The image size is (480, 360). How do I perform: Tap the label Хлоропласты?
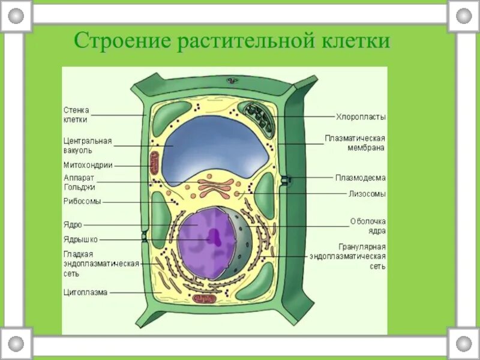(360, 116)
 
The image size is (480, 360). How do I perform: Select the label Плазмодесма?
(360, 178)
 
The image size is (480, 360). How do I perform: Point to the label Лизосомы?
(367, 194)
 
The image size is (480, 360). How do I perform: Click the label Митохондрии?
(88, 165)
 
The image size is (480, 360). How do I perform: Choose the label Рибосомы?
(82, 202)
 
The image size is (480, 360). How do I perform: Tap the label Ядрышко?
(80, 239)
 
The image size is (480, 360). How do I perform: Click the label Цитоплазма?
(85, 293)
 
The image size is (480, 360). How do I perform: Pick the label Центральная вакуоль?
(88, 145)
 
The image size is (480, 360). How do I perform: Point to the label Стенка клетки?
(76, 115)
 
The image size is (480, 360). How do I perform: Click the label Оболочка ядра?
(368, 226)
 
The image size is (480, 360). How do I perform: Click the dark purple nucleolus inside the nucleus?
(213, 236)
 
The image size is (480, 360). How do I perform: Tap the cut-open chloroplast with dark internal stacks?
(258, 115)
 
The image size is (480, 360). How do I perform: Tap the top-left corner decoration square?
(16, 16)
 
